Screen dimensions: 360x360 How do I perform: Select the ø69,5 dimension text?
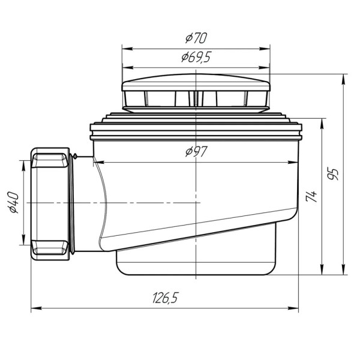click(x=196, y=58)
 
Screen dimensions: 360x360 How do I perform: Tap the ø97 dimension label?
click(x=196, y=152)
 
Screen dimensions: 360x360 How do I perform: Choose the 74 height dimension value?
click(x=311, y=196)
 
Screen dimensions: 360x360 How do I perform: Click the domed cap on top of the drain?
click(x=196, y=85)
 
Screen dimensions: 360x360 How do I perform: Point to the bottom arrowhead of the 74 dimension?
click(x=323, y=271)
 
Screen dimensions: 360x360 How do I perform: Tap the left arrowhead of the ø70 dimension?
click(x=125, y=48)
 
